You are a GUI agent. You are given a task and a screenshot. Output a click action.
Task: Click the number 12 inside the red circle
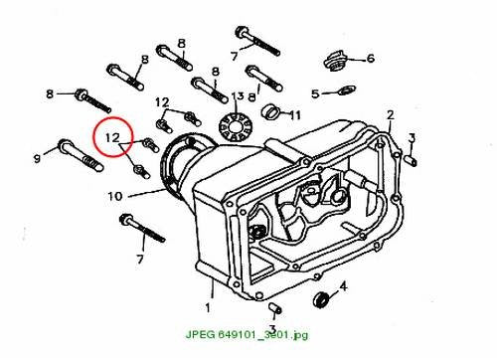click(x=112, y=137)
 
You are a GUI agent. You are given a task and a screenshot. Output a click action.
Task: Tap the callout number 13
click(x=238, y=96)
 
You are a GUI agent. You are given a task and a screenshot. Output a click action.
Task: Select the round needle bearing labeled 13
click(x=236, y=127)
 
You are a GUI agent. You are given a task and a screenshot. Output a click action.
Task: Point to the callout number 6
click(x=370, y=59)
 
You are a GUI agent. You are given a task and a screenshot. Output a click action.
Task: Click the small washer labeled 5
click(x=347, y=90)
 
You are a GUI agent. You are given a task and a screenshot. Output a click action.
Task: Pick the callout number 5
click(x=315, y=93)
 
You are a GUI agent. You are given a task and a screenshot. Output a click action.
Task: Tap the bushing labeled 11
click(x=271, y=111)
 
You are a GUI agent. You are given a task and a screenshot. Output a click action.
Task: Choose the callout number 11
click(x=295, y=115)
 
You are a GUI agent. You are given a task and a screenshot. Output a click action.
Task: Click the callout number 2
click(x=391, y=114)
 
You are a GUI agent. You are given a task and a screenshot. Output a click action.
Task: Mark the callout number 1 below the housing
click(x=208, y=308)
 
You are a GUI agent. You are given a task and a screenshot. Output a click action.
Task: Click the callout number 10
click(x=115, y=196)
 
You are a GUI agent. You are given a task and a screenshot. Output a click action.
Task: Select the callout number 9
click(x=37, y=158)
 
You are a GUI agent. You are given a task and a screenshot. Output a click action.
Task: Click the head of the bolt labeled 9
click(x=64, y=144)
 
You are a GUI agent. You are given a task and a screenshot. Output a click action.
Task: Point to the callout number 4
click(x=344, y=285)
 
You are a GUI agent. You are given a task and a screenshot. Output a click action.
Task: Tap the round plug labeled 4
click(x=321, y=300)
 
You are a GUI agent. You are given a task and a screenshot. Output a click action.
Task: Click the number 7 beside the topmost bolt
click(x=235, y=56)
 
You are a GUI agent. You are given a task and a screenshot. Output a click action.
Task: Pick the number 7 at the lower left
click(x=140, y=259)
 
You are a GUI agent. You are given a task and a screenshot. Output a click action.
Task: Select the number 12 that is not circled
click(x=162, y=102)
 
